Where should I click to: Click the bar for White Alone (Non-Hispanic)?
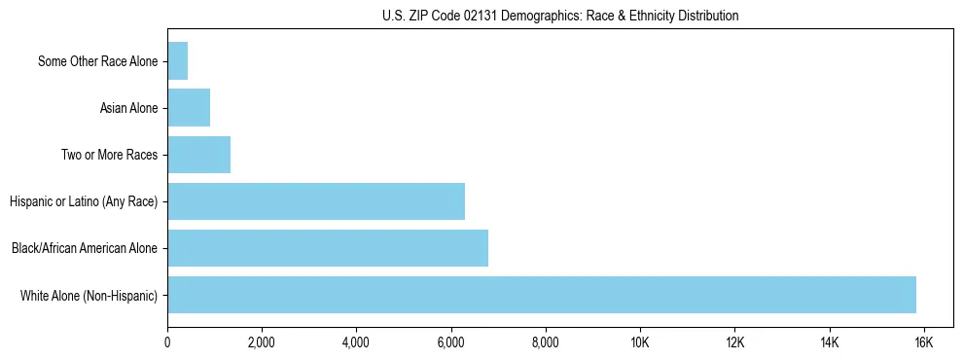click(542, 295)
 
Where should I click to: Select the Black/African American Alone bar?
click(328, 248)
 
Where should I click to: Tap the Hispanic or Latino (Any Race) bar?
click(316, 201)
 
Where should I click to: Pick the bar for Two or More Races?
click(198, 155)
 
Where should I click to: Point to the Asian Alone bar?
click(189, 108)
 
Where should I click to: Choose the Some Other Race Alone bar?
click(177, 61)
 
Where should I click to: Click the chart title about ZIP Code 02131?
click(559, 16)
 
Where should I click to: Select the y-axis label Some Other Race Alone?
click(97, 61)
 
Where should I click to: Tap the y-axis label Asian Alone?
click(128, 108)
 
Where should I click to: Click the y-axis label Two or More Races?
click(109, 155)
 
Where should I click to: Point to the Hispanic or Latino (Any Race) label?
click(83, 201)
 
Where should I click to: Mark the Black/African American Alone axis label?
click(84, 248)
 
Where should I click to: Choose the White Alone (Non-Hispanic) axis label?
click(89, 295)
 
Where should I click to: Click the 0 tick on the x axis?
click(167, 342)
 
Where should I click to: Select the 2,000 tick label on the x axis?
click(262, 342)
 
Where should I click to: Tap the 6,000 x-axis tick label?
click(451, 342)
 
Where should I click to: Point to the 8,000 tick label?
click(546, 342)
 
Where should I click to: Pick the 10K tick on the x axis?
click(640, 342)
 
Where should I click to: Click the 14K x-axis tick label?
click(830, 342)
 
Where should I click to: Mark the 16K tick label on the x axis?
click(924, 342)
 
